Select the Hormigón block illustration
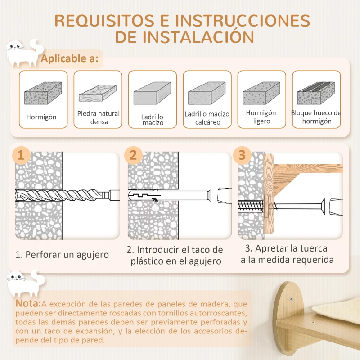coord(43,93)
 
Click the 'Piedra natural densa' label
coord(99,117)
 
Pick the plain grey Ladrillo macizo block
coord(152,93)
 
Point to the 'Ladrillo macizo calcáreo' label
coord(207,118)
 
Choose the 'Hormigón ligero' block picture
coord(261,94)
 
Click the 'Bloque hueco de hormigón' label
coord(316,117)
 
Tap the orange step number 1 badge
coord(20,155)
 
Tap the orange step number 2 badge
coord(133,155)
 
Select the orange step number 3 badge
coord(242,155)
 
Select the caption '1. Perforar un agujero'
coord(62,254)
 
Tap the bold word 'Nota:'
coord(28,303)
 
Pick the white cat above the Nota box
coord(23,283)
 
